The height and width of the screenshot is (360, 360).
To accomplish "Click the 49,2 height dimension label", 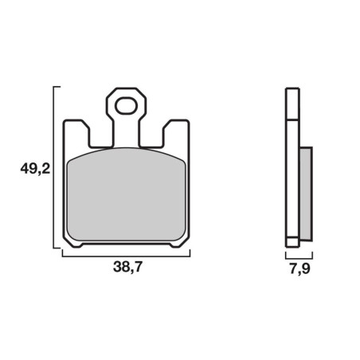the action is [35, 169].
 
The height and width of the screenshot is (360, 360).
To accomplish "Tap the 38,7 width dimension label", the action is [127, 267].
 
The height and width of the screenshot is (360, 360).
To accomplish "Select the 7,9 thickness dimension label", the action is [299, 269].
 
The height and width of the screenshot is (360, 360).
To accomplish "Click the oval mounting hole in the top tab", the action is [126, 106].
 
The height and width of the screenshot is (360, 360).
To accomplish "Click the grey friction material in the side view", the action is [306, 194].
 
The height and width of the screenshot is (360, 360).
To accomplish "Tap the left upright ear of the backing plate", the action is [76, 134].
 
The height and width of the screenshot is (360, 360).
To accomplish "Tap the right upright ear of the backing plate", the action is [176, 134].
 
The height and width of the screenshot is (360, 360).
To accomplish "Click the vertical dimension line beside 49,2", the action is [54, 167].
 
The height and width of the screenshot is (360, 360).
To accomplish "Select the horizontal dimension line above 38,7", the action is [126, 256].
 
